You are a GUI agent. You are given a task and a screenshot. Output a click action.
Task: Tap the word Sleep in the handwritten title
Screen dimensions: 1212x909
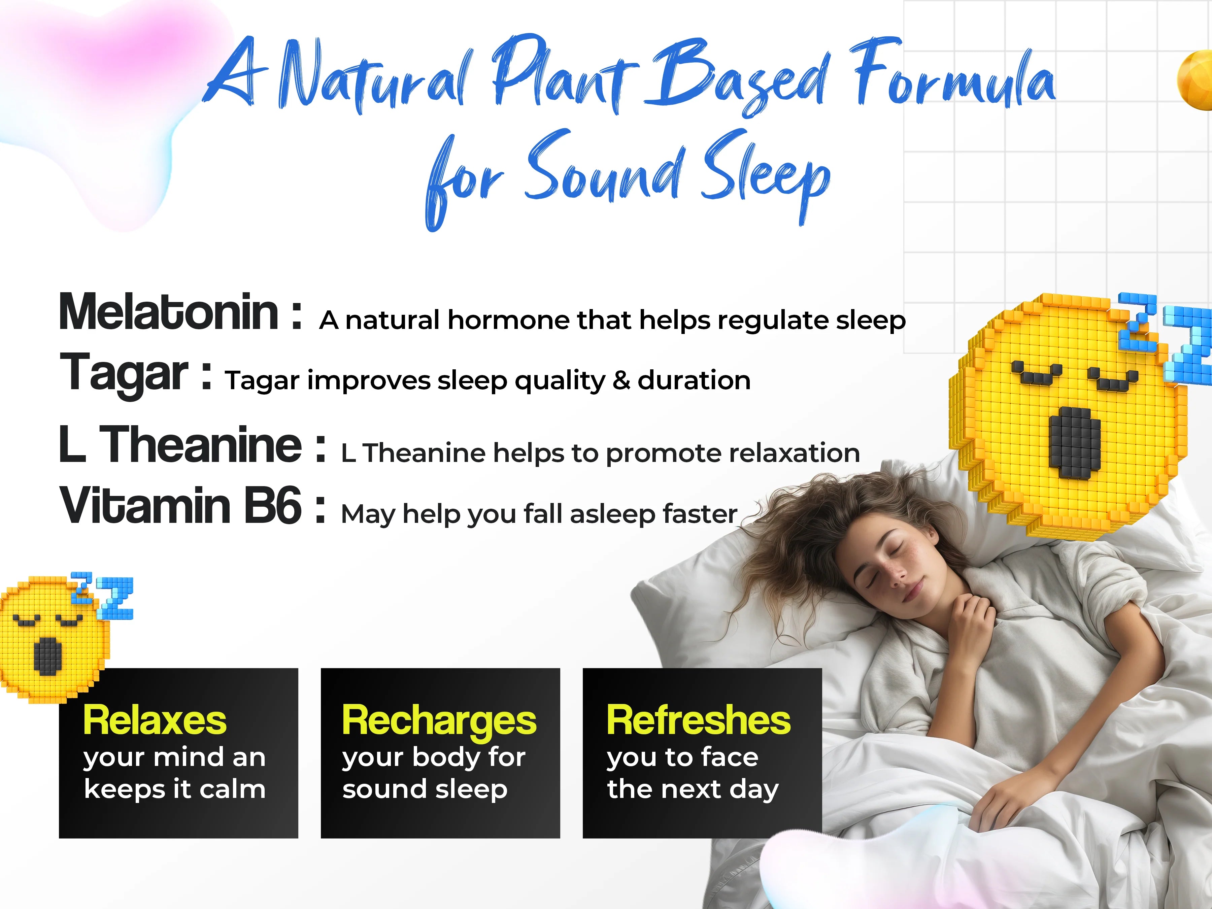766,174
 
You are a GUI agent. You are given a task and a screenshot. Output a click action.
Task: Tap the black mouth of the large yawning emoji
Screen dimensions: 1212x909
1075,443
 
